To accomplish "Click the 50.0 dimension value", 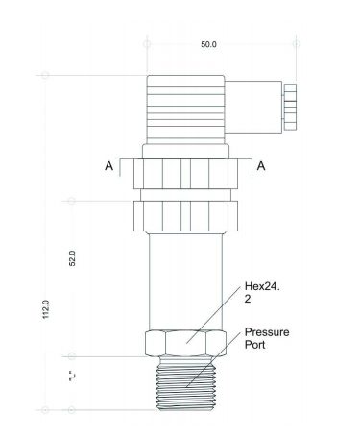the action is (208, 44).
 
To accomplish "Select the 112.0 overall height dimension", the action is (46, 309).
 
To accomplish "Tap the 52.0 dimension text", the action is (73, 258).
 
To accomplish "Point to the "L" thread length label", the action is (72, 377).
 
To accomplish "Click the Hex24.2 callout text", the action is (262, 292).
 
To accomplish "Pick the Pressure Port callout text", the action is (267, 338).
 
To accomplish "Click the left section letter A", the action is (109, 166).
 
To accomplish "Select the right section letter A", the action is (261, 166).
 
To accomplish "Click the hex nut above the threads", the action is (185, 343).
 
